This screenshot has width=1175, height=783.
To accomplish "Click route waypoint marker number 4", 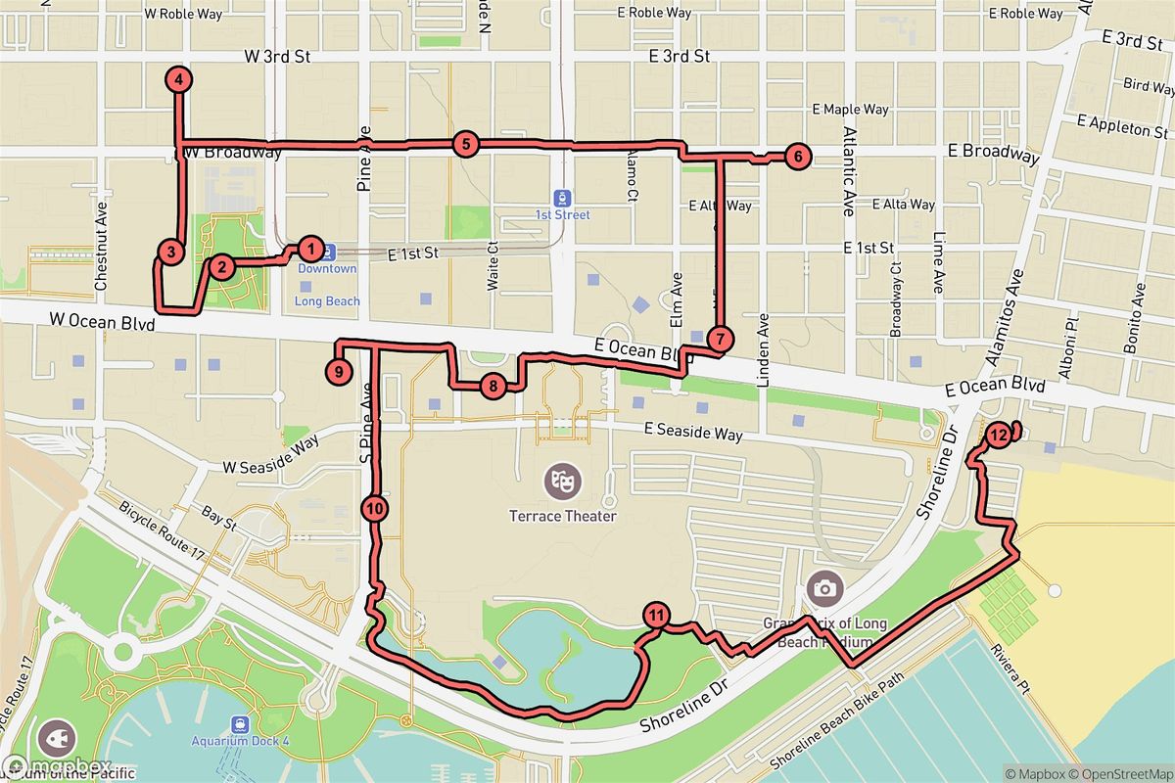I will (179, 80).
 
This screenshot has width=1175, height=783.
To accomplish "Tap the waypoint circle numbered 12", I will (998, 436).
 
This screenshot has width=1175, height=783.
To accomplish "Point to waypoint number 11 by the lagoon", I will (656, 617).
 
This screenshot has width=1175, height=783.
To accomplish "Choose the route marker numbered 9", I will (337, 371).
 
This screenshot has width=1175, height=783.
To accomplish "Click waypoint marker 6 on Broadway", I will (797, 155).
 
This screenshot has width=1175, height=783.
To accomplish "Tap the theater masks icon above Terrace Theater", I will (562, 480).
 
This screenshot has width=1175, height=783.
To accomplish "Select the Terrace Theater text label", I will (562, 515).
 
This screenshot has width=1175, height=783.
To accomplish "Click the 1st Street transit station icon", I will (562, 197).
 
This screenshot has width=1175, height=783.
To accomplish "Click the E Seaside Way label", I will (692, 434).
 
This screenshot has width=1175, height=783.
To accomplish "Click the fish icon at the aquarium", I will (55, 737).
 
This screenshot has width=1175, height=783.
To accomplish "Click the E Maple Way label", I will (850, 110).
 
